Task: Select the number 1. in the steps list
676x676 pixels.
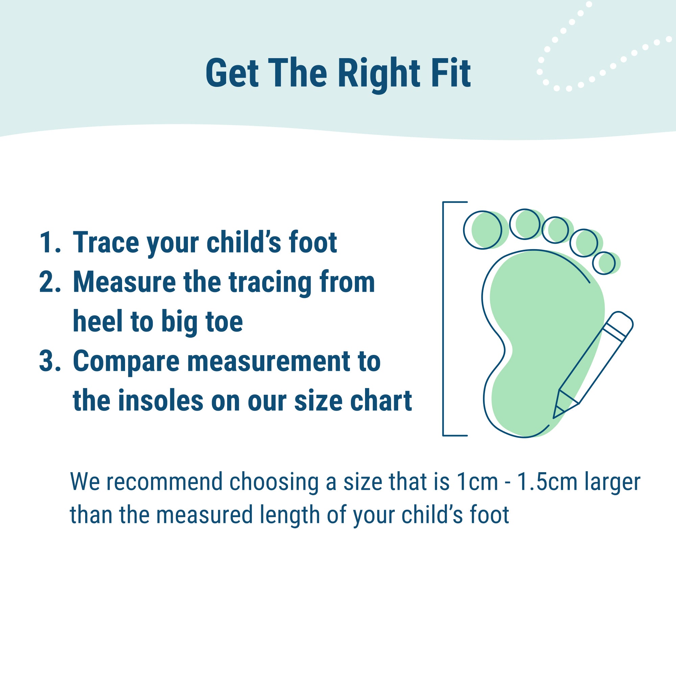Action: pyautogui.click(x=50, y=242)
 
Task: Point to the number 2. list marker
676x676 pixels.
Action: pyautogui.click(x=50, y=282)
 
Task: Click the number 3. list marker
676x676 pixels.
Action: pyautogui.click(x=50, y=361)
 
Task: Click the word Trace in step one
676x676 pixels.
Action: pyautogui.click(x=106, y=242)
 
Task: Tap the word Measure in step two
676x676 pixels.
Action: pyautogui.click(x=124, y=282)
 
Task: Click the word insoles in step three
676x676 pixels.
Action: pyautogui.click(x=161, y=400)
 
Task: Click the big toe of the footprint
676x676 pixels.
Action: pyautogui.click(x=483, y=230)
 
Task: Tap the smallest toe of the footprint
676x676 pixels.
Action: pyautogui.click(x=604, y=263)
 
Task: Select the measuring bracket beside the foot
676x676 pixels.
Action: pyautogui.click(x=443, y=319)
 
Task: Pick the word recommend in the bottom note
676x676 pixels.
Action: pyautogui.click(x=165, y=482)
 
